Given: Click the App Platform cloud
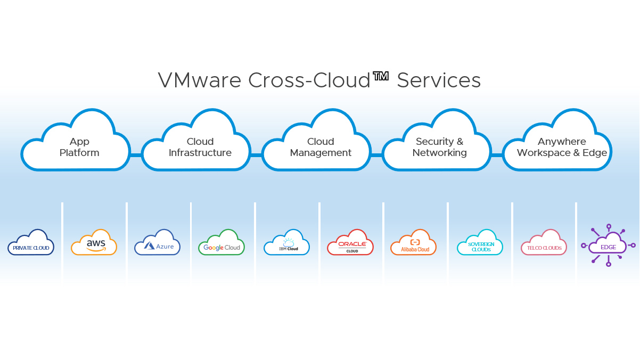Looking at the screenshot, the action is tap(76, 147).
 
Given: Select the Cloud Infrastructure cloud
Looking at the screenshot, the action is tap(196, 147).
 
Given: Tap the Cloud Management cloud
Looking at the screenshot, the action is tap(317, 147).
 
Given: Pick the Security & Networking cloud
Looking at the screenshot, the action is tap(437, 147).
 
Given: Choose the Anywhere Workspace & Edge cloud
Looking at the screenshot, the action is tap(557, 147).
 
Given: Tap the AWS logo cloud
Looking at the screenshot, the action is tap(94, 243).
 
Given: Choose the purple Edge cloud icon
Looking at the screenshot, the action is tap(608, 246).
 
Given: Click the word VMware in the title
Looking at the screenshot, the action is tap(200, 80).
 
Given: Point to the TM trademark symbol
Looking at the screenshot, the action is tap(381, 76).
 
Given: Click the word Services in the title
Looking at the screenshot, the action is tap(439, 80).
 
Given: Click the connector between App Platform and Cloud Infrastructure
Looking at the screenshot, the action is tap(136, 155).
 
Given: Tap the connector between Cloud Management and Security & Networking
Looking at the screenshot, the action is tap(377, 155).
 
